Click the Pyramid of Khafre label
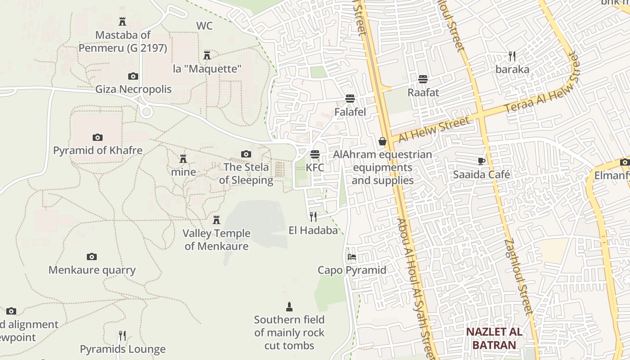click(x=98, y=150)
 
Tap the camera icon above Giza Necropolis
click(x=133, y=76)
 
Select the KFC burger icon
click(x=315, y=154)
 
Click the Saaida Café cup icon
click(x=481, y=161)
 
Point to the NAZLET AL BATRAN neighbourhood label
click(x=494, y=338)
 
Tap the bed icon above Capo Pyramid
click(x=352, y=257)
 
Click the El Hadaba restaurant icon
click(x=313, y=217)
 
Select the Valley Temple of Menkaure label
click(x=216, y=239)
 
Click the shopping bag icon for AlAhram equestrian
click(x=382, y=141)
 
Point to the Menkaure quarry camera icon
click(x=92, y=256)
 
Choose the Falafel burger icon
click(x=350, y=99)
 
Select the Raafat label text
click(x=423, y=92)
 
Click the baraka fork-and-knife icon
click(x=512, y=56)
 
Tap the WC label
click(x=204, y=26)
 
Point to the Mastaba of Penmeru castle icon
click(x=122, y=21)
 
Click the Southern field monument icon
click(x=289, y=307)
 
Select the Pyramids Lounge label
click(x=123, y=349)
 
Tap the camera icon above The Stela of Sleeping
click(x=246, y=154)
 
